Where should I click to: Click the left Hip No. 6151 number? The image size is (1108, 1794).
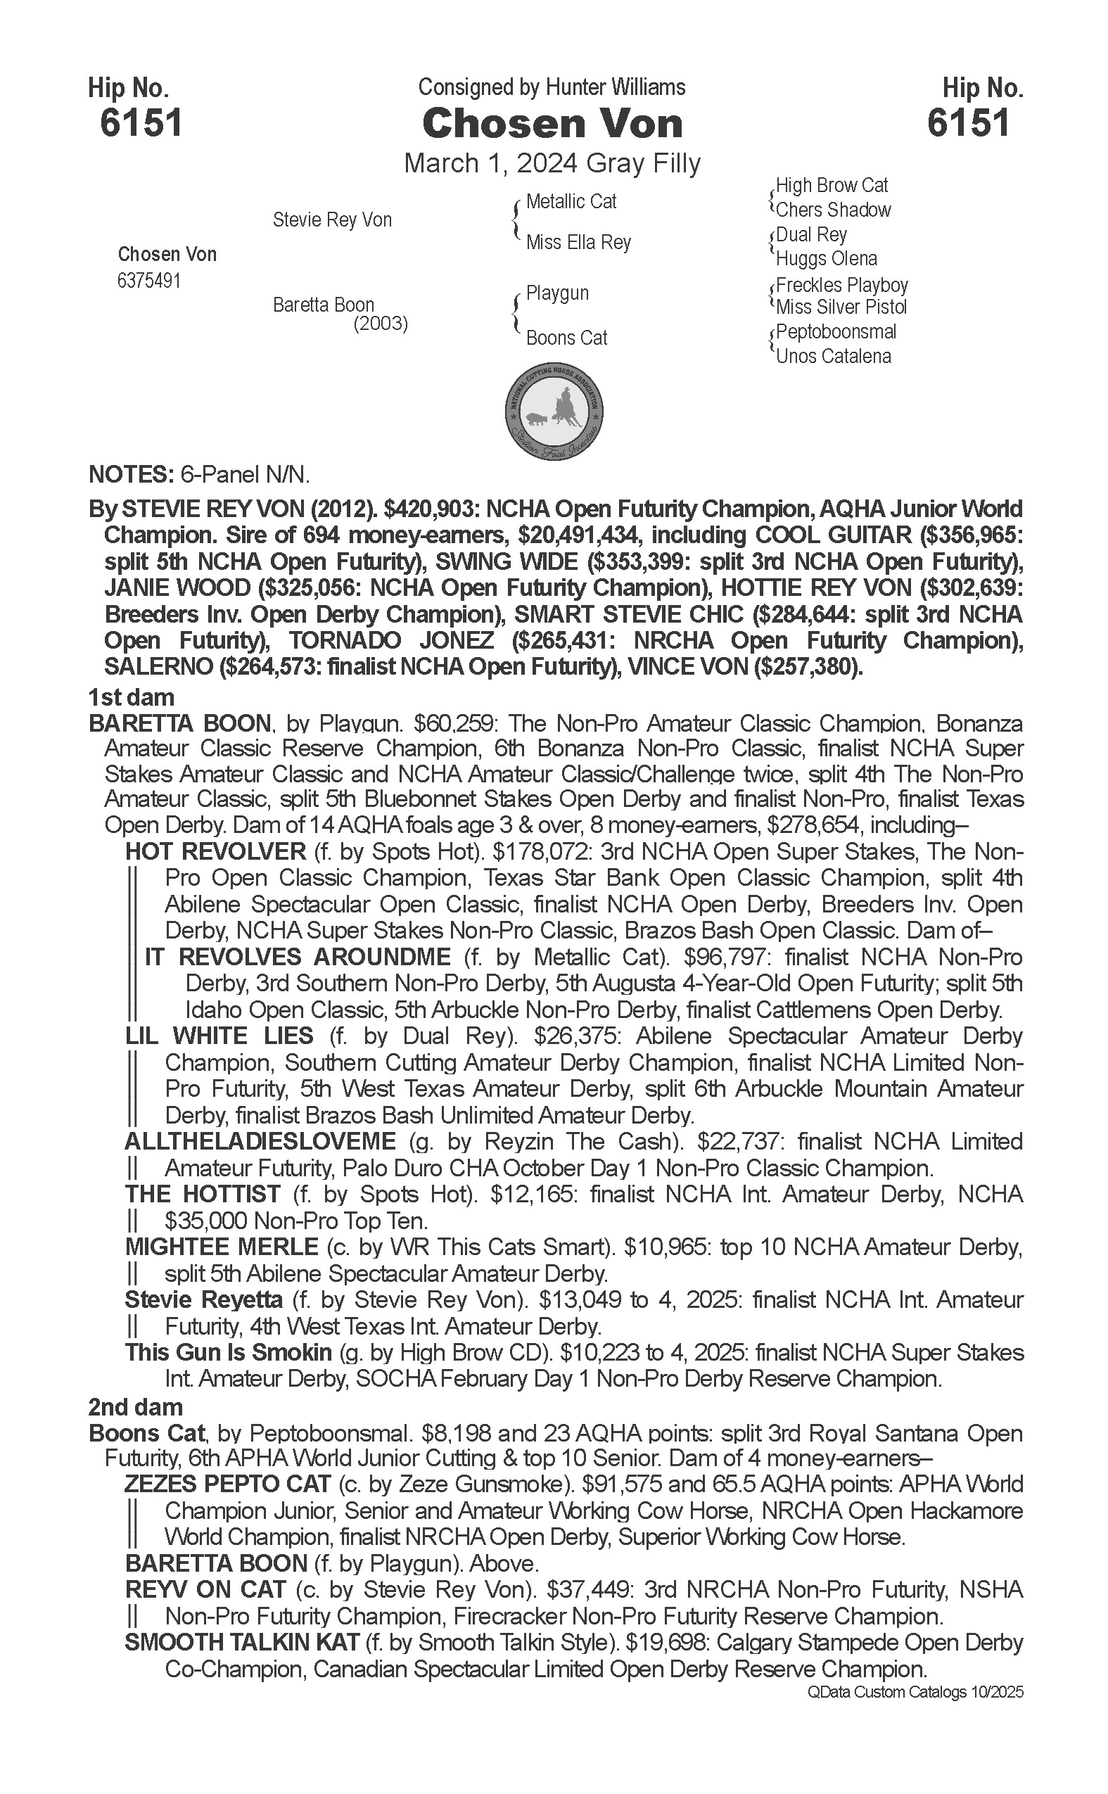click(x=141, y=122)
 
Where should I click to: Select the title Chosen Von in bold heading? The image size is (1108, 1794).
click(x=552, y=124)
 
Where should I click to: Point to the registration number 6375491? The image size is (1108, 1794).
click(x=148, y=281)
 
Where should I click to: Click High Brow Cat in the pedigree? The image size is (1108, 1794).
click(x=832, y=186)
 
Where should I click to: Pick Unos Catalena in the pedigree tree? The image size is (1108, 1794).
click(x=833, y=357)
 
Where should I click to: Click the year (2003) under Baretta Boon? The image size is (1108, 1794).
click(x=381, y=323)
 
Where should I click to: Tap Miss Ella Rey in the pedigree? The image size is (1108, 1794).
click(x=578, y=242)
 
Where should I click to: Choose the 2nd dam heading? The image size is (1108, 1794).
click(x=135, y=1407)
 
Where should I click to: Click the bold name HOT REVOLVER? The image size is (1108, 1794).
click(x=215, y=851)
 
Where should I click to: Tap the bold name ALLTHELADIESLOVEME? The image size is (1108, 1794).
click(x=260, y=1142)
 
